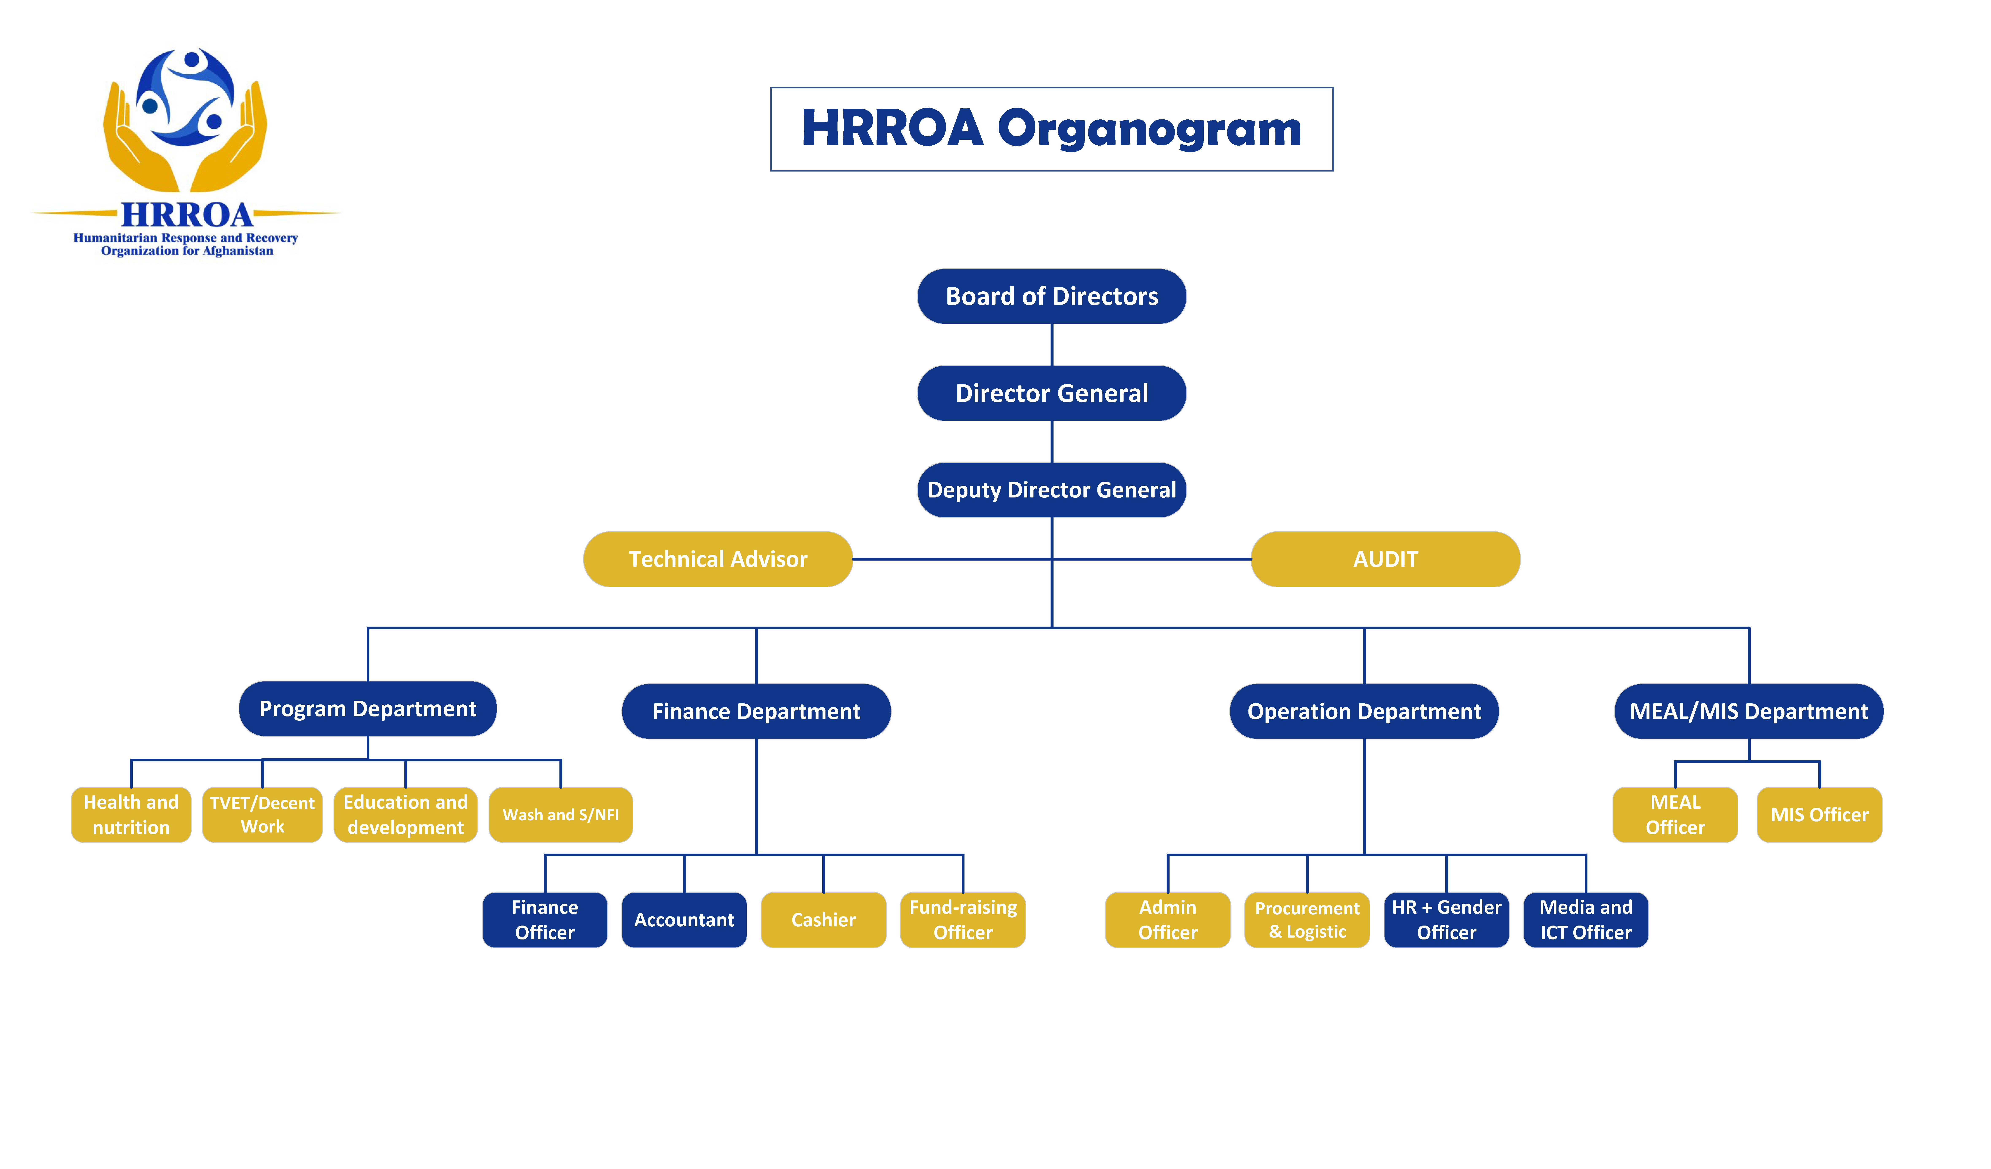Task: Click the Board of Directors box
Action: [x=1052, y=296]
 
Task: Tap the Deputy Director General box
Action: [x=1052, y=490]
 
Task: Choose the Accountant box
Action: [x=684, y=920]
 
